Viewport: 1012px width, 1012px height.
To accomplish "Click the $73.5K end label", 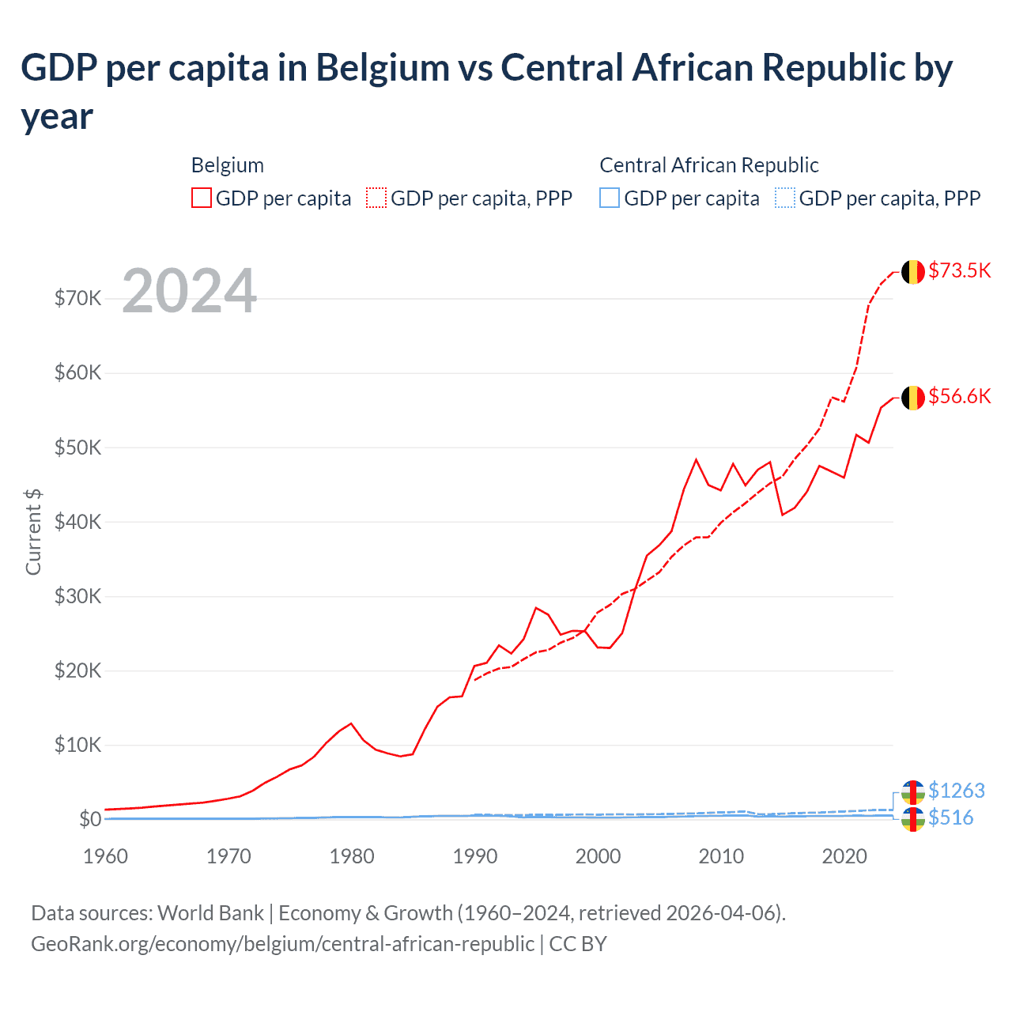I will [959, 270].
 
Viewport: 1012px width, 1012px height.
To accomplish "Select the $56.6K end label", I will [959, 396].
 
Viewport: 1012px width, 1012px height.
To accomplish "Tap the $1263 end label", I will [957, 791].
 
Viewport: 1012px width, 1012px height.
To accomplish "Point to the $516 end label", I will [951, 818].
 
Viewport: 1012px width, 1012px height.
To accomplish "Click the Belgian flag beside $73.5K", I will [913, 272].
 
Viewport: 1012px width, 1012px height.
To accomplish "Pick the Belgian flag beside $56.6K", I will [913, 398].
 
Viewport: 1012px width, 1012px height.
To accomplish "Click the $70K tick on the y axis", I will [77, 298].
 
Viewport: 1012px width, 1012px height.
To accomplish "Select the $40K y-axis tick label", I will [77, 522].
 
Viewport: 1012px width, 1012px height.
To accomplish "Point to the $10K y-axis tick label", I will [77, 745].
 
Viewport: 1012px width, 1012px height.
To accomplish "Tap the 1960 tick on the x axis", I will [105, 856].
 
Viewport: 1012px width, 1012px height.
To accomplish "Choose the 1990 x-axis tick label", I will [475, 856].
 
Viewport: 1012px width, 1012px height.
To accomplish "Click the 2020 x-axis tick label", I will [844, 856].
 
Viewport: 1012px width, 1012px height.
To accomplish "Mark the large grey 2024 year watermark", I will [190, 291].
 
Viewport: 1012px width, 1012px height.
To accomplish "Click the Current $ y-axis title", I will [33, 531].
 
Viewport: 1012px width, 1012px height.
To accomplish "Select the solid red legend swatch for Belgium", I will [202, 198].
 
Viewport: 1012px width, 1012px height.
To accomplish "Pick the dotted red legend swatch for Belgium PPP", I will [376, 198].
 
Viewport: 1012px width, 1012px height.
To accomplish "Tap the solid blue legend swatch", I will [610, 198].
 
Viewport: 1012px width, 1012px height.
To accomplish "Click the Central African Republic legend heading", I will [708, 165].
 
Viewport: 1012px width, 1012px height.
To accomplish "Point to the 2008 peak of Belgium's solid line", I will [696, 459].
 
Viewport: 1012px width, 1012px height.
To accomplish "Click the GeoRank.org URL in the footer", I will [282, 944].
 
